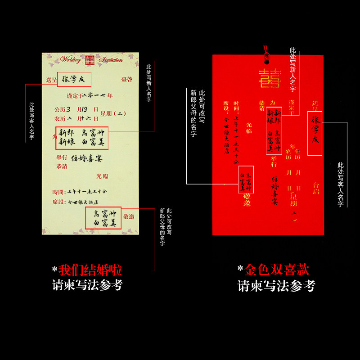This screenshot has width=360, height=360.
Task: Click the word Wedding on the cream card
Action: (x=70, y=59)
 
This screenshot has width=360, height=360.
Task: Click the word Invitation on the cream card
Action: (x=111, y=59)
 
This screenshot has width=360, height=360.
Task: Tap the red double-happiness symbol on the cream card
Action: (x=90, y=59)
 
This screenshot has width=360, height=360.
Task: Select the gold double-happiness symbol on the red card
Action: (x=269, y=77)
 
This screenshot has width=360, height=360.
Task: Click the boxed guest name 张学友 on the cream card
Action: (x=74, y=79)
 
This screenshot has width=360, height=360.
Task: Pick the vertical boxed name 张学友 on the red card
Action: (x=315, y=133)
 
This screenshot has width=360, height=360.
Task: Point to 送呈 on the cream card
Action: (x=51, y=80)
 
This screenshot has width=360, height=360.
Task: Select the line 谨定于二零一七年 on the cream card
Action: (x=90, y=95)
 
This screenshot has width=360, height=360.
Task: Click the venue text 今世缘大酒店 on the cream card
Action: (x=83, y=202)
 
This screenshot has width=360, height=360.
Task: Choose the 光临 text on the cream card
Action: (x=102, y=176)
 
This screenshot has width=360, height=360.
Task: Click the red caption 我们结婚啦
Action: (x=90, y=270)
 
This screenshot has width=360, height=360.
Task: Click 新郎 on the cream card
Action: (x=66, y=133)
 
